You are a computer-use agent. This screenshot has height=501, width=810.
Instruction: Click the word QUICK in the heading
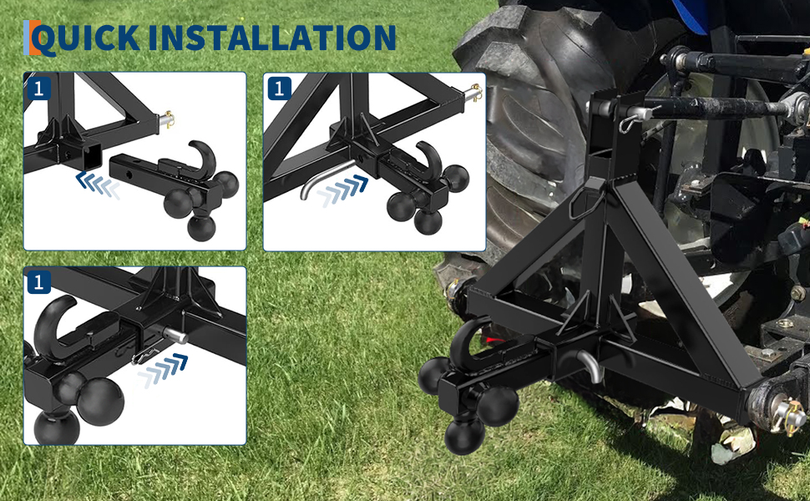click(x=86, y=38)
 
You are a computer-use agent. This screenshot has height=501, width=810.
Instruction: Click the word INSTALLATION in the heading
click(x=272, y=38)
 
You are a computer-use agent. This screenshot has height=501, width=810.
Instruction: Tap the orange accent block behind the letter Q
click(x=34, y=38)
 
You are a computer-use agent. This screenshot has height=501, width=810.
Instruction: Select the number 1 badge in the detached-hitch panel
click(x=38, y=89)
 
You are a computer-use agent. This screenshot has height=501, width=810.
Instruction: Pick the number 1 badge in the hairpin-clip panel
click(x=38, y=282)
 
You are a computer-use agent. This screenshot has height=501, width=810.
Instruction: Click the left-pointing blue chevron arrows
click(x=99, y=186)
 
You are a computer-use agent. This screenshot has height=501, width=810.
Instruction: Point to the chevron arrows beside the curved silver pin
click(x=342, y=190)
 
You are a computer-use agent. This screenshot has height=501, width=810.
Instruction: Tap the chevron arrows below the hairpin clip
click(x=163, y=370)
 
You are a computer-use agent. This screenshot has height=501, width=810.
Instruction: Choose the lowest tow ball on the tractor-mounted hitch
click(x=464, y=437)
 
